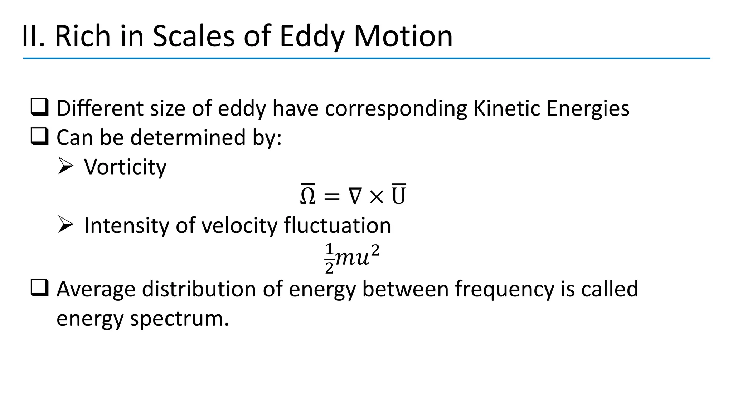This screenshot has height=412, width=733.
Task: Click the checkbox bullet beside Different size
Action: [x=39, y=108]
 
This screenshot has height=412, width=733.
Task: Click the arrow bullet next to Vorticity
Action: [x=65, y=167]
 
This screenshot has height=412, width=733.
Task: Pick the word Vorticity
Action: [x=125, y=167]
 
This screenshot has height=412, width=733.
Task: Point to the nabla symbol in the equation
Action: [x=355, y=196]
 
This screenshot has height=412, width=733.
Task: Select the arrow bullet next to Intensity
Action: [x=65, y=225]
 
